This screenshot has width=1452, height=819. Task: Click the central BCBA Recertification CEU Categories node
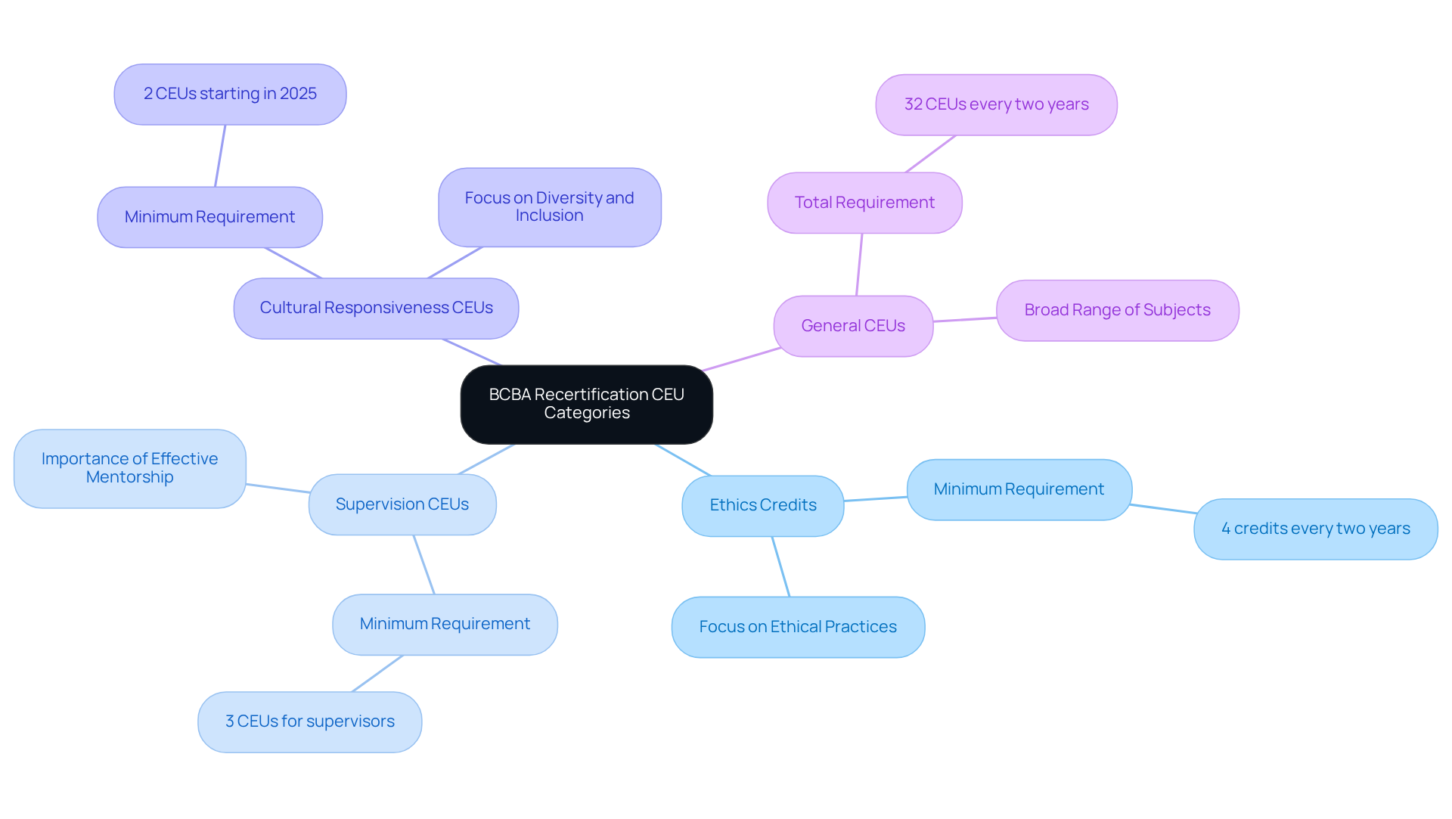tap(586, 404)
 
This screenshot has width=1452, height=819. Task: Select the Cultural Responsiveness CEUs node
tap(376, 308)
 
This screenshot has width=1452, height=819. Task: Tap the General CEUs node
tap(853, 326)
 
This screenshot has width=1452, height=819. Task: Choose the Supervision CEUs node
tap(402, 504)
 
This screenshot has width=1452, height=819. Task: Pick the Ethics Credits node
tap(762, 505)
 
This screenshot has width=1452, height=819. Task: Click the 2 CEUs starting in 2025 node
tap(230, 94)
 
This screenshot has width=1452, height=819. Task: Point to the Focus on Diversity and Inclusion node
tap(549, 206)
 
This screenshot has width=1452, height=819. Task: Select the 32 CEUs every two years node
tap(996, 104)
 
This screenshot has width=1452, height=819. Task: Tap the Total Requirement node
tap(864, 203)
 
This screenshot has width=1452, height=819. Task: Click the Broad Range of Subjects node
tap(1117, 310)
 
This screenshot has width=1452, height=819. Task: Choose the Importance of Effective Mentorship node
tap(129, 468)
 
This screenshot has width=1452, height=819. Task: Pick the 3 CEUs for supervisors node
tap(309, 721)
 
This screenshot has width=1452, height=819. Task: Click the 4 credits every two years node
tap(1315, 529)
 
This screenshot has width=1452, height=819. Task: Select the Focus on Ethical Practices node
tap(798, 627)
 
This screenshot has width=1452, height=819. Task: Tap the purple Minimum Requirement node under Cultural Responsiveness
tap(209, 217)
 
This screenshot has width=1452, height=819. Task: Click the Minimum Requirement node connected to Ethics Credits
tap(1019, 489)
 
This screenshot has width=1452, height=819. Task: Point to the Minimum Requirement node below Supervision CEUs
tap(445, 624)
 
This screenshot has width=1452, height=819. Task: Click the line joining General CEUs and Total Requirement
tap(859, 265)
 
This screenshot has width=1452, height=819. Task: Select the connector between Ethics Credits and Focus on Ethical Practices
tap(781, 567)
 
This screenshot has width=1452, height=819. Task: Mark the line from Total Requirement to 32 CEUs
tap(931, 154)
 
